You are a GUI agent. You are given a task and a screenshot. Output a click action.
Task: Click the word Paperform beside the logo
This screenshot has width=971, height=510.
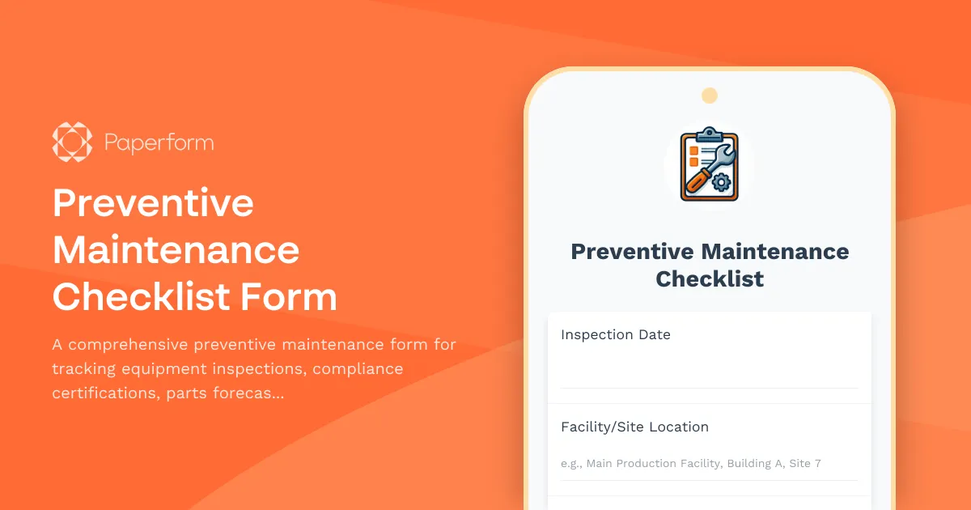(x=159, y=143)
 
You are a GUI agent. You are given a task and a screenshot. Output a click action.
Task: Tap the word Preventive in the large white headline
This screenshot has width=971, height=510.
(x=153, y=202)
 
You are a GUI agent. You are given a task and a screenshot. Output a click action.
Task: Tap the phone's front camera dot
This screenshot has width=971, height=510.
(x=710, y=96)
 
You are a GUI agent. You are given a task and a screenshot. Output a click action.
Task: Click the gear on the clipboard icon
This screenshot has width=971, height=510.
(x=721, y=183)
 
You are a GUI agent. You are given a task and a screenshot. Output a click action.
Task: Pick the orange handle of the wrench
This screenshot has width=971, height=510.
(x=697, y=180)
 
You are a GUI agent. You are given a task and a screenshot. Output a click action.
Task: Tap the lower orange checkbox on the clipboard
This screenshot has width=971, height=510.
(x=693, y=163)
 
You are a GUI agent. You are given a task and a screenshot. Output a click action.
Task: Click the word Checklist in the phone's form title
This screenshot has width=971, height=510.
(x=710, y=279)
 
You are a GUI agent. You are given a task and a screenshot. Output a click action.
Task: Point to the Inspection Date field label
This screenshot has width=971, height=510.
(x=616, y=334)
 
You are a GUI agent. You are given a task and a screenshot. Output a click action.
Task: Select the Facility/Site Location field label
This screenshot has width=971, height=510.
(x=634, y=427)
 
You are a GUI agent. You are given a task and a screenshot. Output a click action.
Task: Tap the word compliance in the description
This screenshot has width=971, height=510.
(x=358, y=369)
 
